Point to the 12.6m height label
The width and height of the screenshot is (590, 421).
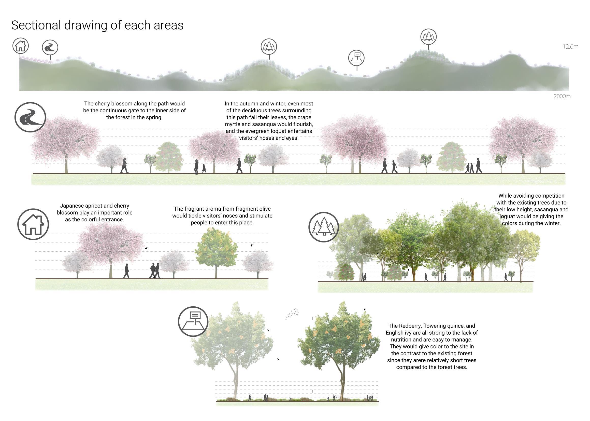570,47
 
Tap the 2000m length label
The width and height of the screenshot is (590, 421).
562,97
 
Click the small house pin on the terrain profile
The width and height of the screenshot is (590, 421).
20,46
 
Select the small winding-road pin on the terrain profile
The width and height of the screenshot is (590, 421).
50,48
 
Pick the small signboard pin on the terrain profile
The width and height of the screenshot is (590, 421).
356,58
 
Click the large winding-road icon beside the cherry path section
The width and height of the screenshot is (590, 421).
30,117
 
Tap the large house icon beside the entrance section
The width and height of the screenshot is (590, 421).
33,224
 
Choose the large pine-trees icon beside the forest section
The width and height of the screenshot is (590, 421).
324,227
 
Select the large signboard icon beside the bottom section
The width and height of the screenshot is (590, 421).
193,321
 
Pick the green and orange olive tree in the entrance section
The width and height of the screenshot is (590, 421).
216,249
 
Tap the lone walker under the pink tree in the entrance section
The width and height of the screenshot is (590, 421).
127,271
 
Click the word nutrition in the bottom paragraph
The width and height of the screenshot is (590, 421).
402,339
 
